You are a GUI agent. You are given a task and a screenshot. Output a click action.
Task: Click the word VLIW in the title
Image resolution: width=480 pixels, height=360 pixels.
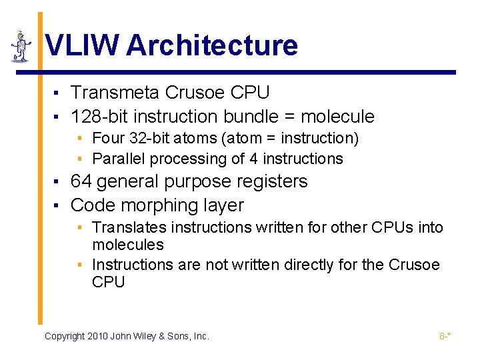pos(82,45)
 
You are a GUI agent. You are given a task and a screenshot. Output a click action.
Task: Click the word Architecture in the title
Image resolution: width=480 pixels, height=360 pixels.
pos(211,45)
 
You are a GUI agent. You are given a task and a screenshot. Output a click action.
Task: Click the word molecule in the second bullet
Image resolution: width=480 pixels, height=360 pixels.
pos(337,117)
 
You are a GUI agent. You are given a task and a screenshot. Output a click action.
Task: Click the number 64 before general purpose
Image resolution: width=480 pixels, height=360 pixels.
pos(81,181)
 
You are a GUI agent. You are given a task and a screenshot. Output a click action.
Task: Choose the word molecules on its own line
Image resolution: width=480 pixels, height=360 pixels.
pos(127,245)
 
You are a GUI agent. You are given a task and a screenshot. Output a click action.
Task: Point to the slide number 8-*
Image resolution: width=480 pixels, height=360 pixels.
pos(445,336)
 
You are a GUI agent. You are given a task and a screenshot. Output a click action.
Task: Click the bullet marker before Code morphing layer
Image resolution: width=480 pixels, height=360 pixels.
pos(59,206)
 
